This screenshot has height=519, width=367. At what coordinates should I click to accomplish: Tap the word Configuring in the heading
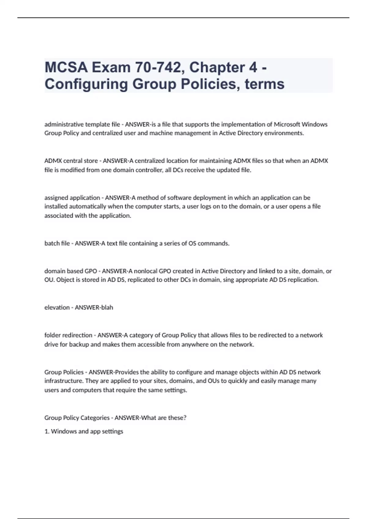pyautogui.click(x=86, y=84)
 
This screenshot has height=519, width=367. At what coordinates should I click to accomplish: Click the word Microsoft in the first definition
pyautogui.click(x=287, y=124)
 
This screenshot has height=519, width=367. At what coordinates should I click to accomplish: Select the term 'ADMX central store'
pyautogui.click(x=71, y=161)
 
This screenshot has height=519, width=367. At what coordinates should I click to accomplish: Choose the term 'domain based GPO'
pyautogui.click(x=71, y=271)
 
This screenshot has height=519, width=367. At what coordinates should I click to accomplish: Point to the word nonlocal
pyautogui.click(x=146, y=271)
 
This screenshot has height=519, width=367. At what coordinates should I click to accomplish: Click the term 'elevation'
pyautogui.click(x=57, y=307)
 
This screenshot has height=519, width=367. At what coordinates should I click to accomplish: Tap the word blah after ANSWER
pyautogui.click(x=107, y=307)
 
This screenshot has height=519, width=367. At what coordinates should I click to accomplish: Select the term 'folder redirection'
pyautogui.click(x=68, y=335)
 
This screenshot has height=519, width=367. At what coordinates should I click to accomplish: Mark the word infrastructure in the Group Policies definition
pyautogui.click(x=63, y=381)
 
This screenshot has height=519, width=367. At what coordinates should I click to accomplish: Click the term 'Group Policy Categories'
pyautogui.click(x=77, y=418)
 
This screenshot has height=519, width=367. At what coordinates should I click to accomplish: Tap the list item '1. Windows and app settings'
pyautogui.click(x=84, y=431)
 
